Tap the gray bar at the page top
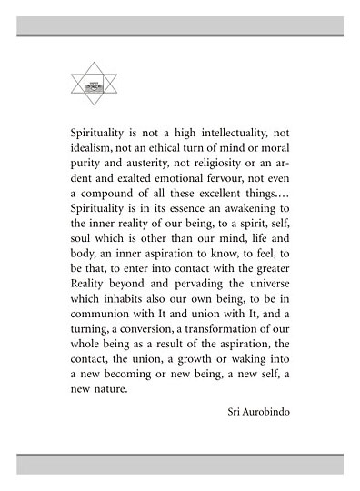click(180, 25)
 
